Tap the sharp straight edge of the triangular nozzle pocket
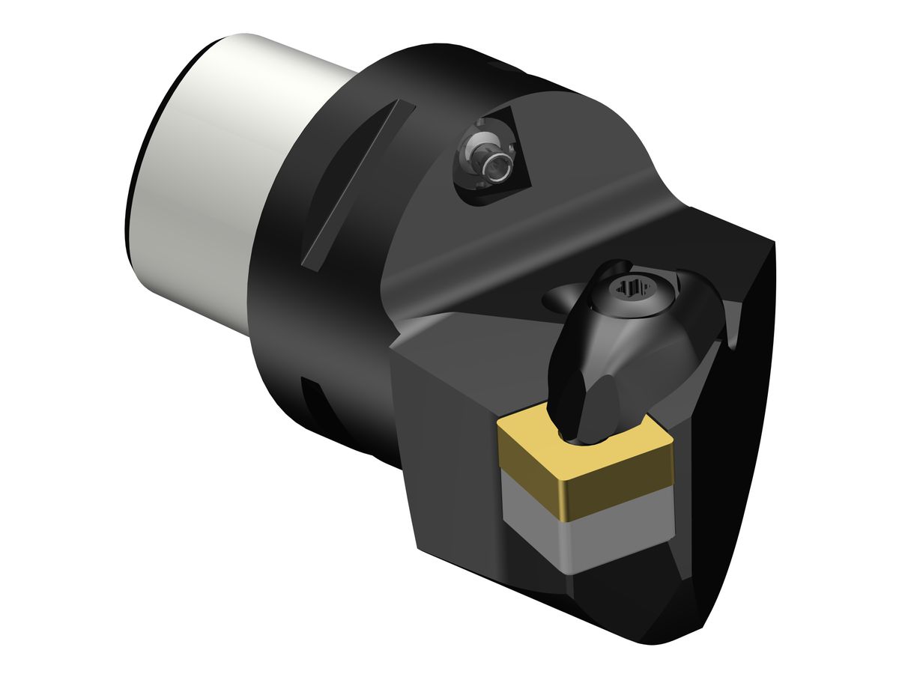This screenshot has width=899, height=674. (x=533, y=150)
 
